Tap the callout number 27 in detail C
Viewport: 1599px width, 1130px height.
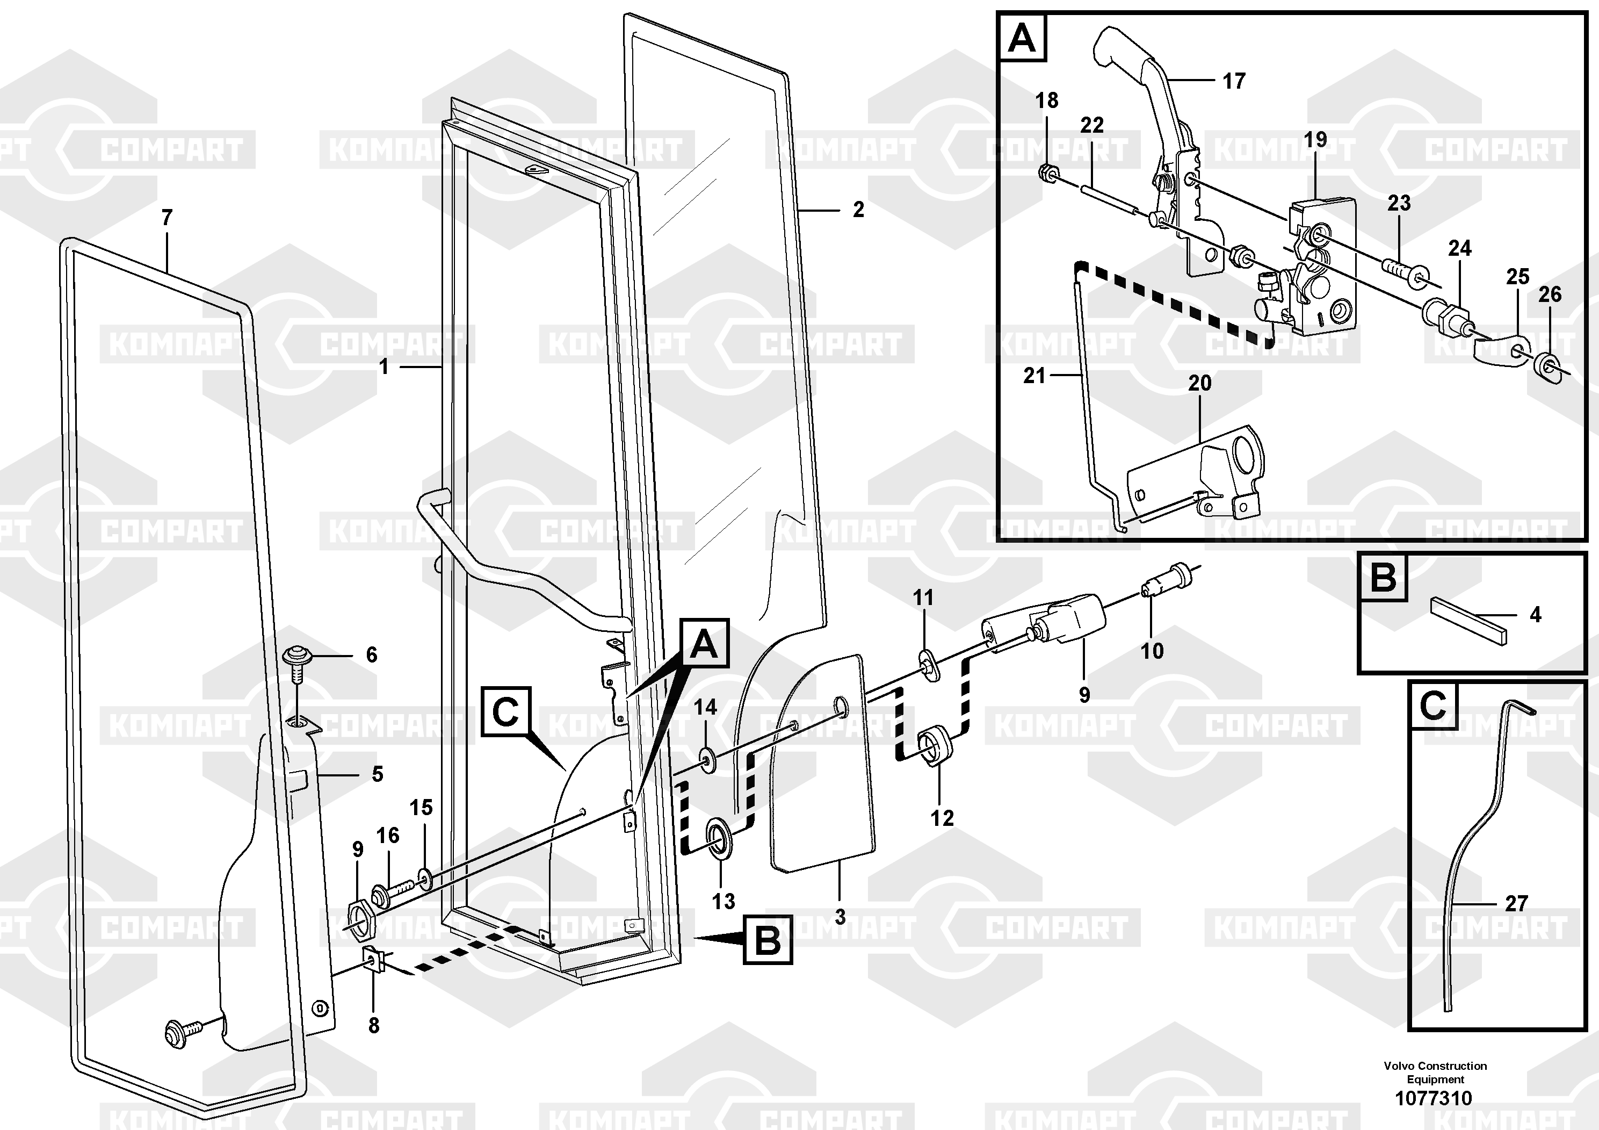1516,904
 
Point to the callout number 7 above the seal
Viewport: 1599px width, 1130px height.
167,218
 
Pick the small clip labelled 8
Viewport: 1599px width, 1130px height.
374,962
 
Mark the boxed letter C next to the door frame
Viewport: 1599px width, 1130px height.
505,712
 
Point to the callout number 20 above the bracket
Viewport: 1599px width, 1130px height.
1200,383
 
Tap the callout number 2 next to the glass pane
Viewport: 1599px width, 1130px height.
858,210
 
